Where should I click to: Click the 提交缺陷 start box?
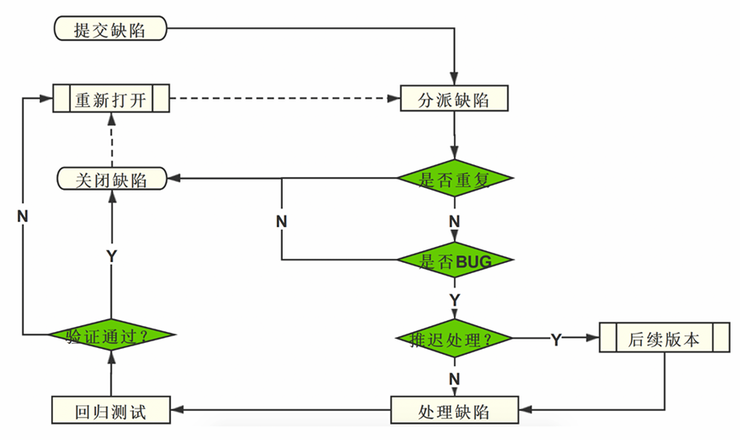110,30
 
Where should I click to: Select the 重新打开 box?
111,99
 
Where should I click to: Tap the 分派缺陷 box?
455,99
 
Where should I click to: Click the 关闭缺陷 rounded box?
111,180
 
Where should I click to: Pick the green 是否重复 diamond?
455,179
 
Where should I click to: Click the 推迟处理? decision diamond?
455,339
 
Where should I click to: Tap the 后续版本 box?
664,338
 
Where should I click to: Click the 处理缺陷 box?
455,411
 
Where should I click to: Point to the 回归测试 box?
111,411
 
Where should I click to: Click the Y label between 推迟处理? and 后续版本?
555,340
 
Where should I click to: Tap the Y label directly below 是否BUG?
454,300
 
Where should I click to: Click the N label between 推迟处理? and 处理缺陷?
454,377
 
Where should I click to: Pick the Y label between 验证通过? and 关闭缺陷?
111,255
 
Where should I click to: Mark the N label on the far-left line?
23,215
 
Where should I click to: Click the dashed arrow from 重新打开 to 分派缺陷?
285,99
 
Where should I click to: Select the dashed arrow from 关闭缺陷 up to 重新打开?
111,140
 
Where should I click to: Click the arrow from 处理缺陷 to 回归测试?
281,411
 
